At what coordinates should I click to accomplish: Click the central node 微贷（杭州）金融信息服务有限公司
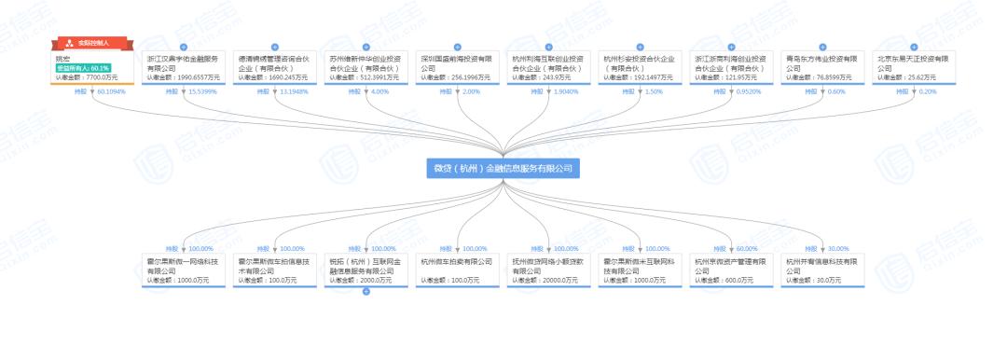[x=504, y=168]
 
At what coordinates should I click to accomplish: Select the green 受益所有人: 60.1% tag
[x=83, y=68]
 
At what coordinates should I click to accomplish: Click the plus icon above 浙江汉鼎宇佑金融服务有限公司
[x=183, y=47]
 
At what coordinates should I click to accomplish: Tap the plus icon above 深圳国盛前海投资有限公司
[x=458, y=47]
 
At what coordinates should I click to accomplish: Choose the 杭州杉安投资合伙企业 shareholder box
[x=641, y=65]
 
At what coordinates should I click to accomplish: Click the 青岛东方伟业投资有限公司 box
[x=823, y=65]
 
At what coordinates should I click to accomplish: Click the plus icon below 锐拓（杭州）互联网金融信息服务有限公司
[x=366, y=292]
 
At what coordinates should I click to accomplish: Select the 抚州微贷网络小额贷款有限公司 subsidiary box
[x=549, y=268]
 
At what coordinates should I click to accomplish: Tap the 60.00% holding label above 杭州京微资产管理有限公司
[x=747, y=249]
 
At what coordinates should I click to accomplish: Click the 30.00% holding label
[x=838, y=249]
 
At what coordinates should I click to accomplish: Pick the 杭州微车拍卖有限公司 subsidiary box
[x=458, y=268]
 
